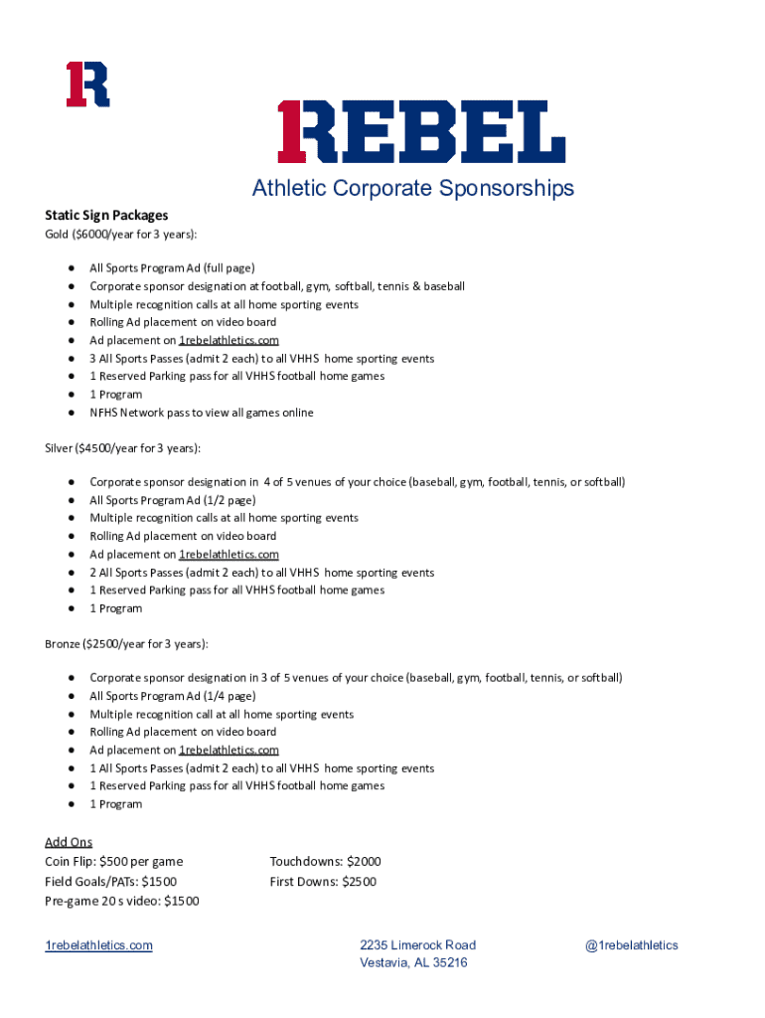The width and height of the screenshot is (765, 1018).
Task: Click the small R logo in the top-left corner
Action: (87, 85)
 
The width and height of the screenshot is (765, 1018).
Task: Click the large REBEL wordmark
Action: (421, 132)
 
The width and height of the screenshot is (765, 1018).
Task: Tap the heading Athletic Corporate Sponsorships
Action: (412, 189)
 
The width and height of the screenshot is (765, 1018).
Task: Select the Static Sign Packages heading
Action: (106, 215)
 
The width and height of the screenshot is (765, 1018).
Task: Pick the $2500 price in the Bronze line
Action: (103, 644)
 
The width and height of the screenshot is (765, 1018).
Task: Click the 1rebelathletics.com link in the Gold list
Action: (229, 340)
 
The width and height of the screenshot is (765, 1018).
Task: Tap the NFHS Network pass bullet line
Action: (202, 413)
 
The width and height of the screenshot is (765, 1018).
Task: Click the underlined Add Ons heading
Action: (69, 842)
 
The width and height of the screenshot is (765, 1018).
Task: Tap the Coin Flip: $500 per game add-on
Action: (114, 862)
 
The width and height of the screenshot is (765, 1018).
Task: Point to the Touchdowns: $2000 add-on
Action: (325, 862)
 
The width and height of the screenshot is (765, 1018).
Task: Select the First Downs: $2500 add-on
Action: (323, 882)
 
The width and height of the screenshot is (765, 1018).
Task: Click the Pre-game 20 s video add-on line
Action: (122, 902)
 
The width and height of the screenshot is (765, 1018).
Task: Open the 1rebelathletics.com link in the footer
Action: (99, 945)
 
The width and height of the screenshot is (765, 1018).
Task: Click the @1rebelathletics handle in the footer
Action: (632, 945)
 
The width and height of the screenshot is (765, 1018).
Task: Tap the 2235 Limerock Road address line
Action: (417, 945)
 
